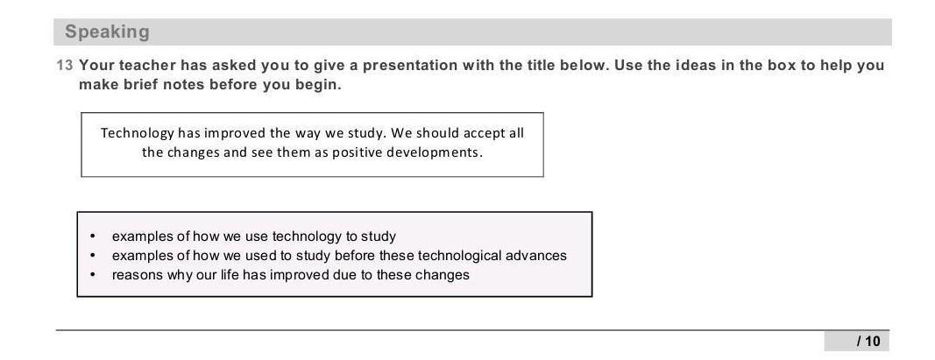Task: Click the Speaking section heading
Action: (107, 32)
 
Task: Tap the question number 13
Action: (64, 65)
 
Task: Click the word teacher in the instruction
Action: (147, 65)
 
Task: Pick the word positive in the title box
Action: (357, 152)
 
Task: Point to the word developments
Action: (434, 152)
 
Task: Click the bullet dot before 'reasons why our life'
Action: (92, 275)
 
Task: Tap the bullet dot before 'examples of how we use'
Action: (92, 236)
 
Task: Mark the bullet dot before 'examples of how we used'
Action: (92, 256)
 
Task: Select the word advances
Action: (536, 256)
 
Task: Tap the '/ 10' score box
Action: (857, 341)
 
